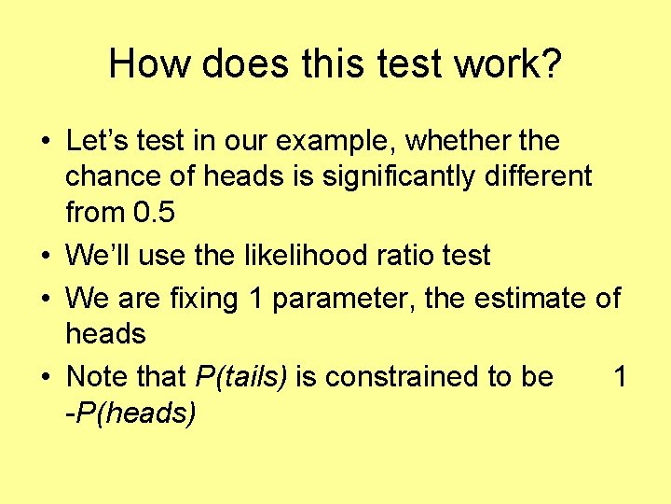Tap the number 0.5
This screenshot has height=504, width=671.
pyautogui.click(x=154, y=212)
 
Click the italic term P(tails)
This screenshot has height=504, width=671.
pyautogui.click(x=242, y=378)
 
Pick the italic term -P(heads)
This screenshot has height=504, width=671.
pyautogui.click(x=130, y=413)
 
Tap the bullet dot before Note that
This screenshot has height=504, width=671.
pyautogui.click(x=46, y=378)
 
